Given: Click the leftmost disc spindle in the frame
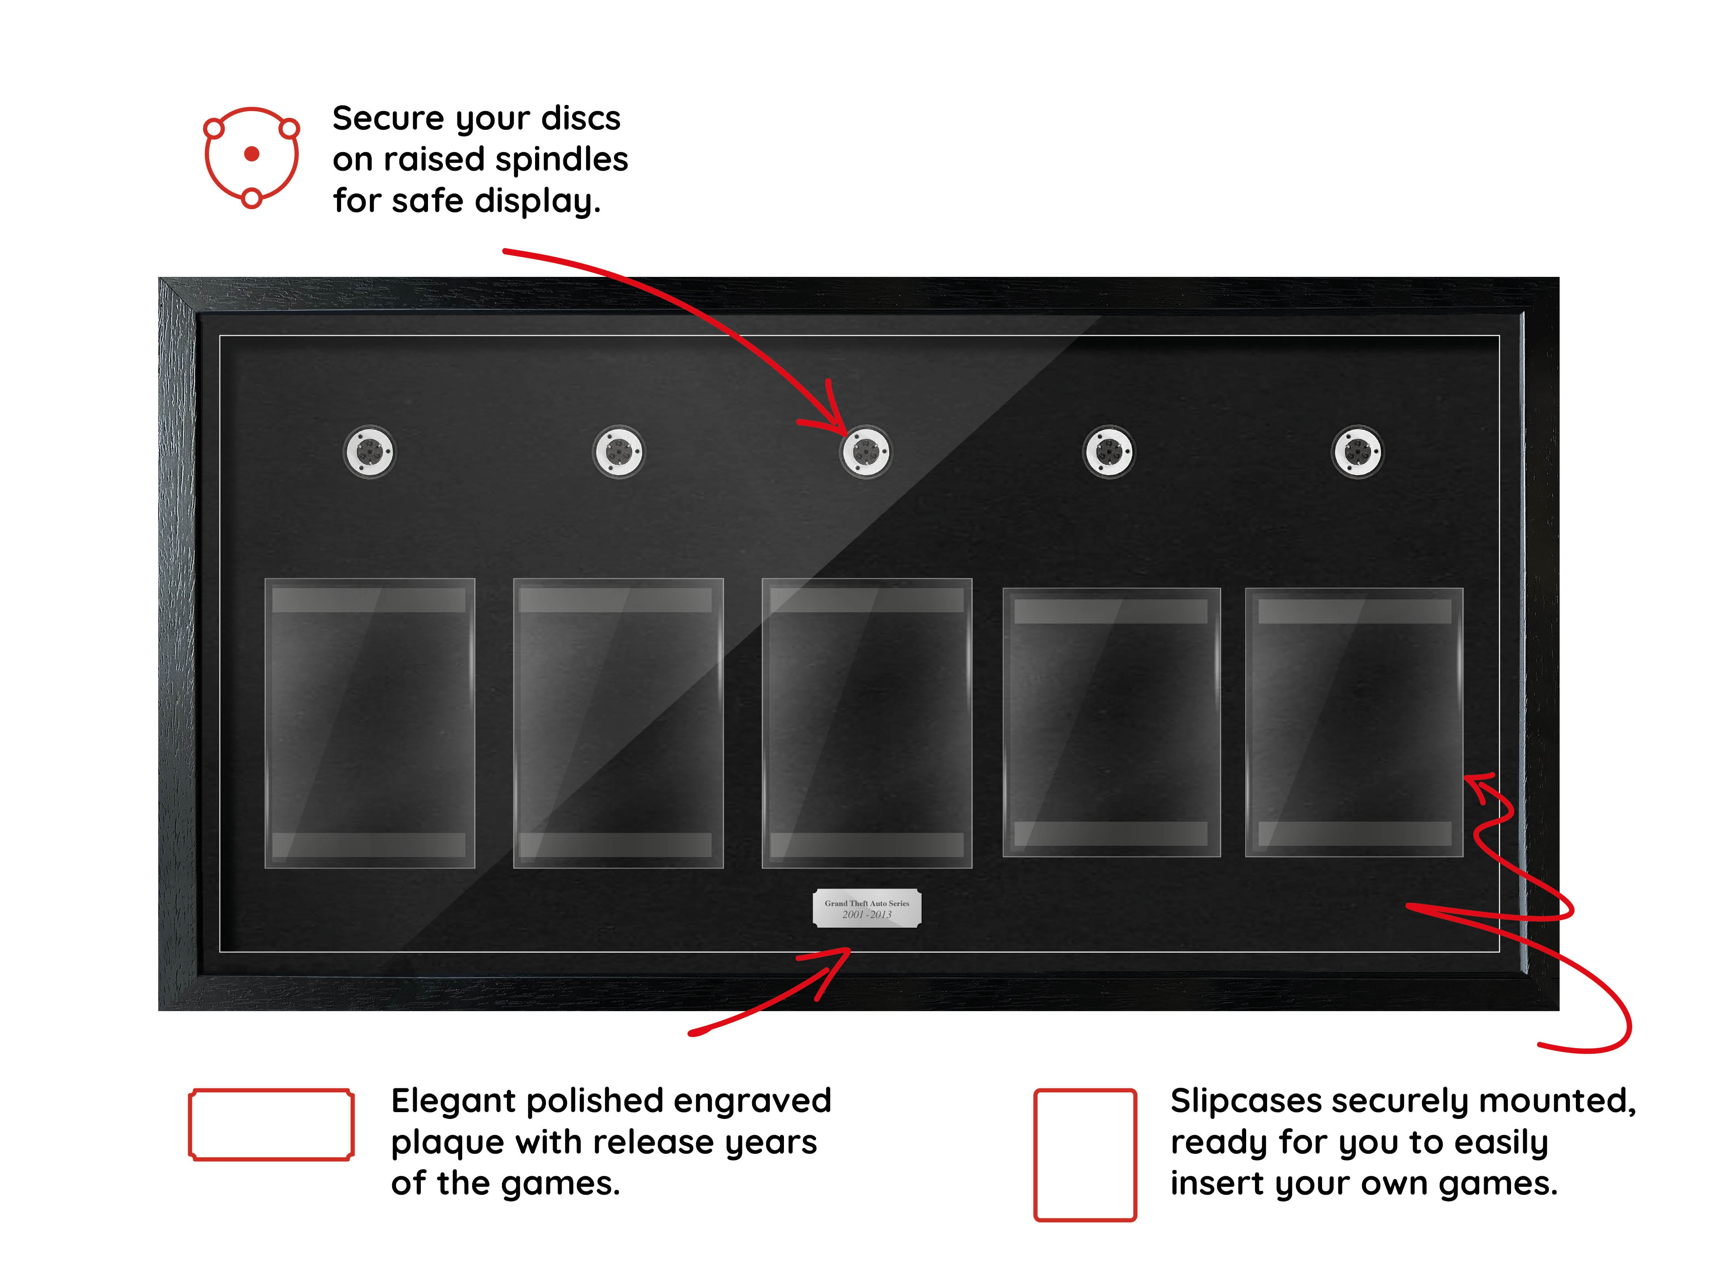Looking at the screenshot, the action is [370, 452].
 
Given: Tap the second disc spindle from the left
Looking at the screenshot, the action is [618, 452].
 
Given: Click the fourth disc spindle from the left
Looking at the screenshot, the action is [1109, 452].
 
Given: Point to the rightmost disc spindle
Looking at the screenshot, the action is [1358, 452].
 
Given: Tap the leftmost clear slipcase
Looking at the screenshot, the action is [370, 723].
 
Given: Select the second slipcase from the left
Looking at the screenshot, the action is [618, 723].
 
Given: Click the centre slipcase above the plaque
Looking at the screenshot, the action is [867, 723].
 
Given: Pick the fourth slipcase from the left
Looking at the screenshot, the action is [1111, 723].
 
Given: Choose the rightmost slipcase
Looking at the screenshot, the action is [1354, 723].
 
